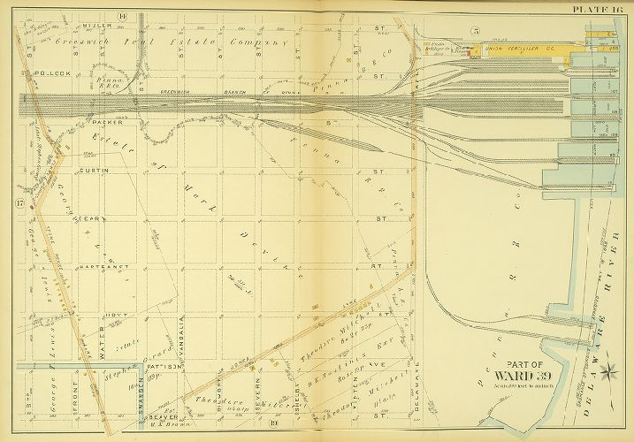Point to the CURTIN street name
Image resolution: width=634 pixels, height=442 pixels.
[x=93, y=170]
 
